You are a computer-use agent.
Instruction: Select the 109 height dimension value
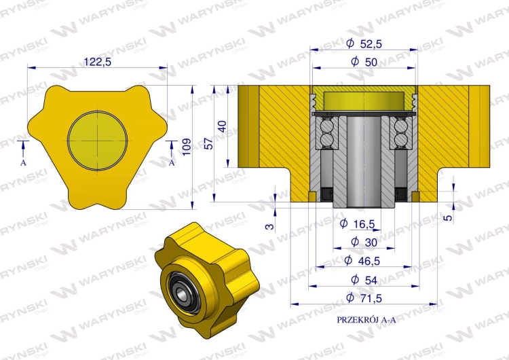[202, 144]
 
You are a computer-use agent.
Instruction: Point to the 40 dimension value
[221, 126]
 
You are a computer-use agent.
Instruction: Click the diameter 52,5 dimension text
[363, 43]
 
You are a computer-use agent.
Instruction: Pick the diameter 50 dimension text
[363, 61]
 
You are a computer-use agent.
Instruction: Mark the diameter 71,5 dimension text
[363, 298]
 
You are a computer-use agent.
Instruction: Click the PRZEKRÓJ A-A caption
[366, 319]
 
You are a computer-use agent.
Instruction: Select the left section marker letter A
[23, 164]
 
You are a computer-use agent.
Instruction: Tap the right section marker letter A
[172, 163]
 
